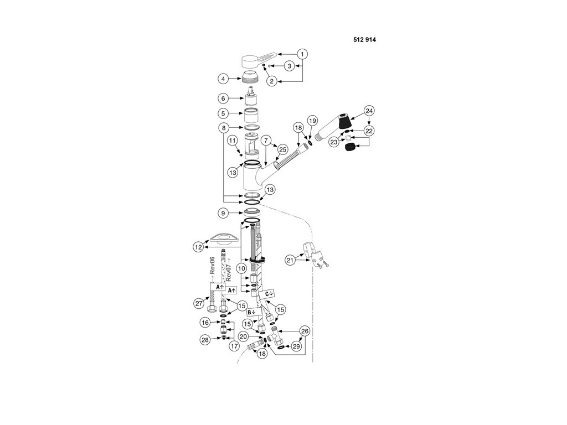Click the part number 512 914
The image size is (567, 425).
(364, 40)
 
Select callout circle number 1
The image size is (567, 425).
(302, 54)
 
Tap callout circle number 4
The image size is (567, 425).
(223, 79)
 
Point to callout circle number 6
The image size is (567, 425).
(223, 99)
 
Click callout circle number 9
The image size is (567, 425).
(223, 213)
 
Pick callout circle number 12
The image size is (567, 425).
(198, 247)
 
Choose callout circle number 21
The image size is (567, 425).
(290, 260)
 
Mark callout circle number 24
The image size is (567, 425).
(369, 111)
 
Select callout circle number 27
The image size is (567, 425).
(199, 303)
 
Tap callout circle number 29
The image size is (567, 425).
(296, 346)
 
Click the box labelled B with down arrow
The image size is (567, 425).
(254, 312)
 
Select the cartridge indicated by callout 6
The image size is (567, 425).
(250, 97)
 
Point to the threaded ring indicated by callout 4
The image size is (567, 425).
(250, 77)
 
